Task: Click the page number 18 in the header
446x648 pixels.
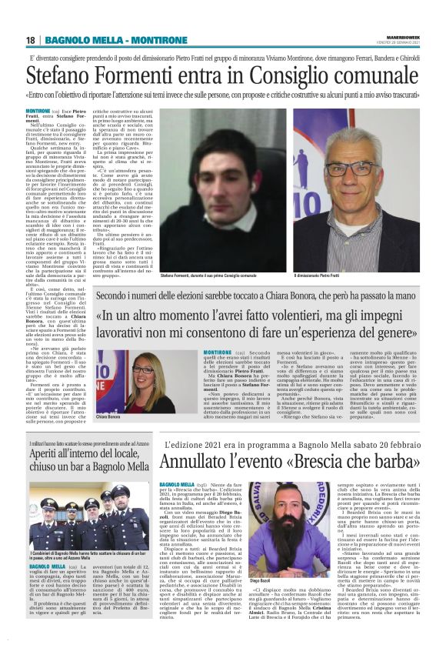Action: [x=31, y=40]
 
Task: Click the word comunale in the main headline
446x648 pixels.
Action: [x=364, y=75]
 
